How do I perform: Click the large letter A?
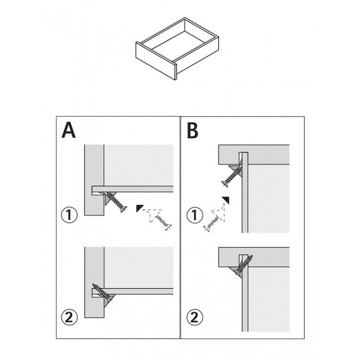[x=68, y=130]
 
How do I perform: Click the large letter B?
[x=192, y=130]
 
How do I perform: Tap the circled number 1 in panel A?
[x=69, y=215]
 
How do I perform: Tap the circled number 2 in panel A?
[x=69, y=317]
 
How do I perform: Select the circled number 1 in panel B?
[x=195, y=215]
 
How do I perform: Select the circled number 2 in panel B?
[x=195, y=317]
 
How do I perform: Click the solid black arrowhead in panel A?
[x=139, y=207]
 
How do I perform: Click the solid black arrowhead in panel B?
[x=226, y=200]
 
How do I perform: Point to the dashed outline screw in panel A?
[x=163, y=222]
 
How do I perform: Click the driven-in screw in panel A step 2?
[x=102, y=293]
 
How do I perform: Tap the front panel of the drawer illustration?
[x=156, y=60]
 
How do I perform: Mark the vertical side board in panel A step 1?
[x=94, y=180]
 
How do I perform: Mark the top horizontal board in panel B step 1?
[x=254, y=155]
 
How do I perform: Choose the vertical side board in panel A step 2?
[x=94, y=282]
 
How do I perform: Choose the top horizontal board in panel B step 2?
[x=254, y=257]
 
